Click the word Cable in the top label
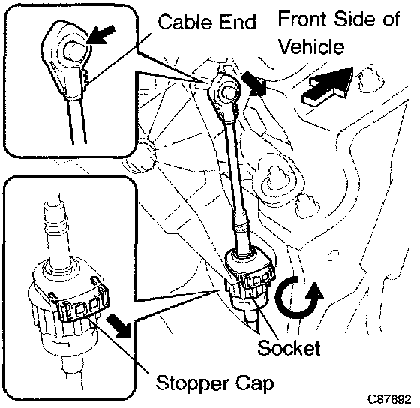[186, 22]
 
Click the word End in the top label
[238, 22]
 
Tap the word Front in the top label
[301, 19]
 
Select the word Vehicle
[311, 46]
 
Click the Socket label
[289, 348]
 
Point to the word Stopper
[192, 384]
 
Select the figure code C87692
[389, 399]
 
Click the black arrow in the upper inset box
[100, 34]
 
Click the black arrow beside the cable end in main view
[253, 83]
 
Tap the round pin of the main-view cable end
[227, 92]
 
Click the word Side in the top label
[355, 19]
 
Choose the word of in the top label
[391, 19]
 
